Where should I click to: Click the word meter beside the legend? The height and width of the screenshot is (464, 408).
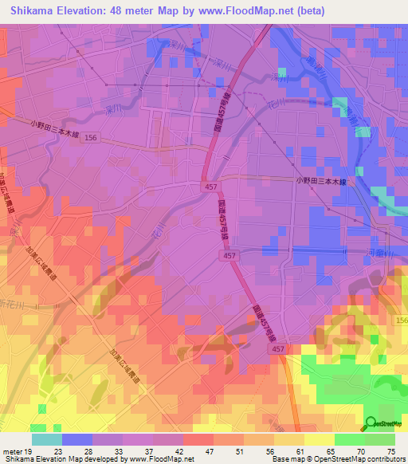(x=12, y=450)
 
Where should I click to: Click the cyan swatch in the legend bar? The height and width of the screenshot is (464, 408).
(x=47, y=439)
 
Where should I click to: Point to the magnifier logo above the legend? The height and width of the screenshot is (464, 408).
(x=371, y=423)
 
